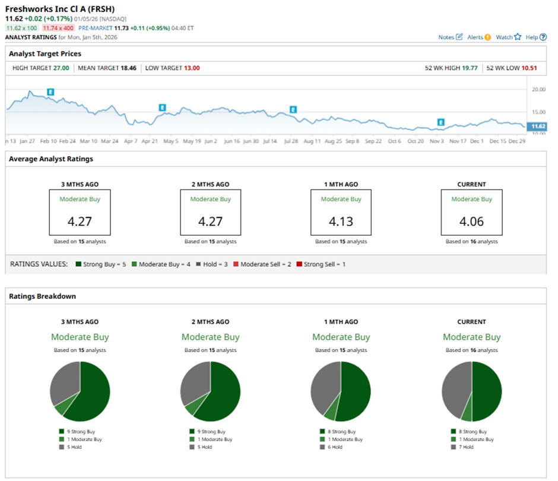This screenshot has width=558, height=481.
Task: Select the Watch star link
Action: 508,37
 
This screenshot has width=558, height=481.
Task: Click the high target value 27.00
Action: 62,68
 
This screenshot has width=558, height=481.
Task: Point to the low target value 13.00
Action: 191,68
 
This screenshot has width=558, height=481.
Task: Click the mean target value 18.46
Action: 128,68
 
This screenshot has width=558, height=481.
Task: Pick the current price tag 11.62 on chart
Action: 538,126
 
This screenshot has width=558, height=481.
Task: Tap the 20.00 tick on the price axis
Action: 539,90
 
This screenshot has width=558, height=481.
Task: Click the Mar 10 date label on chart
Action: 88,142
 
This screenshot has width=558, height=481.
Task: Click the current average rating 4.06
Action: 472,221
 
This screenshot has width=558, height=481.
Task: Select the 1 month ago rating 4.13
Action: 341,221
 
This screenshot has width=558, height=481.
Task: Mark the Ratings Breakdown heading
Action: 42,296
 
